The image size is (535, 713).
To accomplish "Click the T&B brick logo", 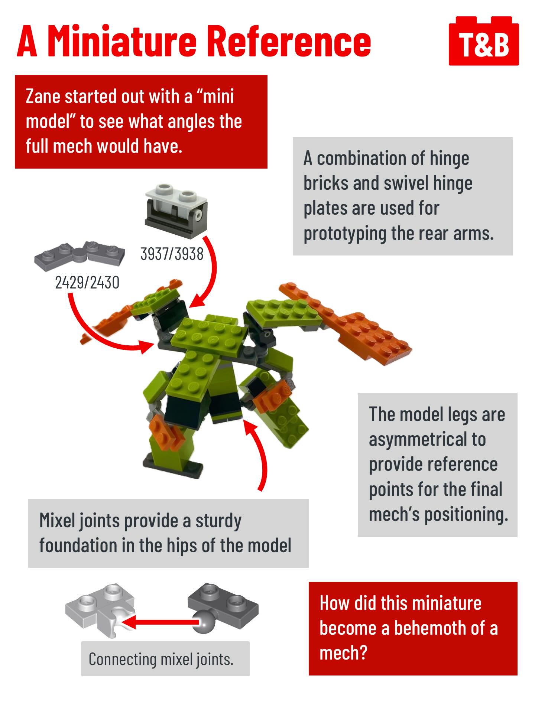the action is pyautogui.click(x=484, y=41).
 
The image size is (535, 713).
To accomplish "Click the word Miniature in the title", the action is pyautogui.click(x=122, y=41).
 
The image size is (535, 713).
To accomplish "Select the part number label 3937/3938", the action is pyautogui.click(x=172, y=254).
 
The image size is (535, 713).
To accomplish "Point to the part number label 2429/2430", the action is pyautogui.click(x=87, y=283).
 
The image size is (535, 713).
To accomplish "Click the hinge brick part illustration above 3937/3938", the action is pyautogui.click(x=176, y=210).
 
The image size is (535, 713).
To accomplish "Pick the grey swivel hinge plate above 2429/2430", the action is pyautogui.click(x=80, y=255).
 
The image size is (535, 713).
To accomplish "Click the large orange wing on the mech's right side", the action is pyautogui.click(x=347, y=324).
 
